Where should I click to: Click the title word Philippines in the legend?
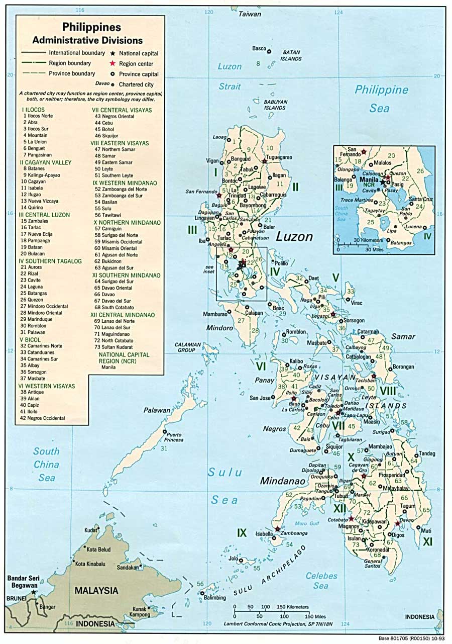91,28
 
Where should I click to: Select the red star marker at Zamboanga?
277,529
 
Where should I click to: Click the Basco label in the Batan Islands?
259,49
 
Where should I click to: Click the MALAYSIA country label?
96,591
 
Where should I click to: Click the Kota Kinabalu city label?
90,564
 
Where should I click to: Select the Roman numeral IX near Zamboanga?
242,532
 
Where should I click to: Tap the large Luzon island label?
295,237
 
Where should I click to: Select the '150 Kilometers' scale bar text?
292,607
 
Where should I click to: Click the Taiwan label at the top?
250,14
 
